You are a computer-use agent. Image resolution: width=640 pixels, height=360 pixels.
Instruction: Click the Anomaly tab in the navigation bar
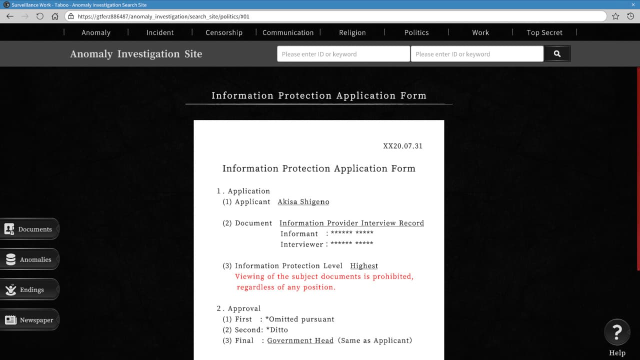(96, 32)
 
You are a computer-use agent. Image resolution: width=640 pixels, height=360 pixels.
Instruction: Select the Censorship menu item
(224, 32)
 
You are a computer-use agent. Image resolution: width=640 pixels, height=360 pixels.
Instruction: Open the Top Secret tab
(544, 32)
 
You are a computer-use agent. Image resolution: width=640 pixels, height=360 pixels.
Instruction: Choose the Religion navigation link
(352, 32)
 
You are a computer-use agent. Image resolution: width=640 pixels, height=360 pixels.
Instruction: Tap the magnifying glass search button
(557, 54)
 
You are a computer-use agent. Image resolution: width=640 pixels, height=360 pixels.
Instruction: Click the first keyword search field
(343, 54)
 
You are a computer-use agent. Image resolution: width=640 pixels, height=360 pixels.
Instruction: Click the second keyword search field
(476, 54)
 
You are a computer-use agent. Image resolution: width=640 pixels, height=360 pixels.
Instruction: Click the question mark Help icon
(617, 331)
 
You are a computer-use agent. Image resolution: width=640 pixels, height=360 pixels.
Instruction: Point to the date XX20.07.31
(402, 146)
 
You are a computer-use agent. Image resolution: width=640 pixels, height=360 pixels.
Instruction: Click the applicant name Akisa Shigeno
(303, 202)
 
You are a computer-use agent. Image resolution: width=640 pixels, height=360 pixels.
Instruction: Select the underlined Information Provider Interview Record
(351, 223)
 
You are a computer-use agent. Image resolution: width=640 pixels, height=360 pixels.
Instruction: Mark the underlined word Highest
(364, 266)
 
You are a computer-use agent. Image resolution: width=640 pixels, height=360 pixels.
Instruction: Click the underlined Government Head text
(300, 340)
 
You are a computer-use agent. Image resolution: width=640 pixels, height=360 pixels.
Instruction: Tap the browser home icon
(55, 16)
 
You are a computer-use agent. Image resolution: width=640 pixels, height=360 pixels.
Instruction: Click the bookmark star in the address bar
(615, 16)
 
